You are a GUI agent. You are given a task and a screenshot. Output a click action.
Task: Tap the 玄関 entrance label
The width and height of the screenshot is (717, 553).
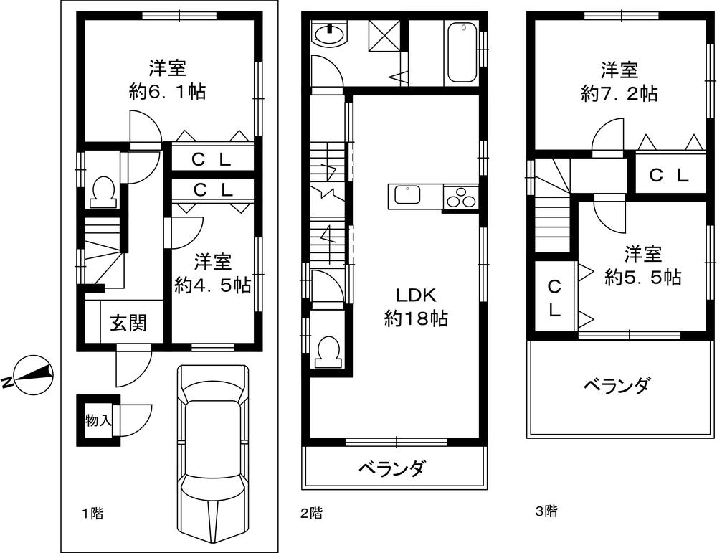pyautogui.click(x=128, y=323)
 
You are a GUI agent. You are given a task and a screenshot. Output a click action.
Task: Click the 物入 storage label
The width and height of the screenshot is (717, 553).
pyautogui.click(x=98, y=420)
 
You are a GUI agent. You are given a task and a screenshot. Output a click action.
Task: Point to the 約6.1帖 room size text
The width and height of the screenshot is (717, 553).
pyautogui.click(x=168, y=92)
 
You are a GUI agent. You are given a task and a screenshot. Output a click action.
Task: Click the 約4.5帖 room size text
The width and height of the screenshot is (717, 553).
pyautogui.click(x=212, y=285)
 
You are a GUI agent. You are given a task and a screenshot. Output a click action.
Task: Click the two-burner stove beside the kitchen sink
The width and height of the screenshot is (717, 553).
pyautogui.click(x=460, y=196)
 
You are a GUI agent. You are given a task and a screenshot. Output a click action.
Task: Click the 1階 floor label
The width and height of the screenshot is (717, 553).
pyautogui.click(x=91, y=513)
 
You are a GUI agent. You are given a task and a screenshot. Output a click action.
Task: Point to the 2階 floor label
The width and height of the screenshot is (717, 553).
pyautogui.click(x=310, y=513)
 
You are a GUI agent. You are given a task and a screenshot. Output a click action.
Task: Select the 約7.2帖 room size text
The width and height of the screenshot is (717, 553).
pyautogui.click(x=619, y=93)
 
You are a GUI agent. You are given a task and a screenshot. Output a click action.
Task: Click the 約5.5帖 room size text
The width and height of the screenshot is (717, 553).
pyautogui.click(x=642, y=276)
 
